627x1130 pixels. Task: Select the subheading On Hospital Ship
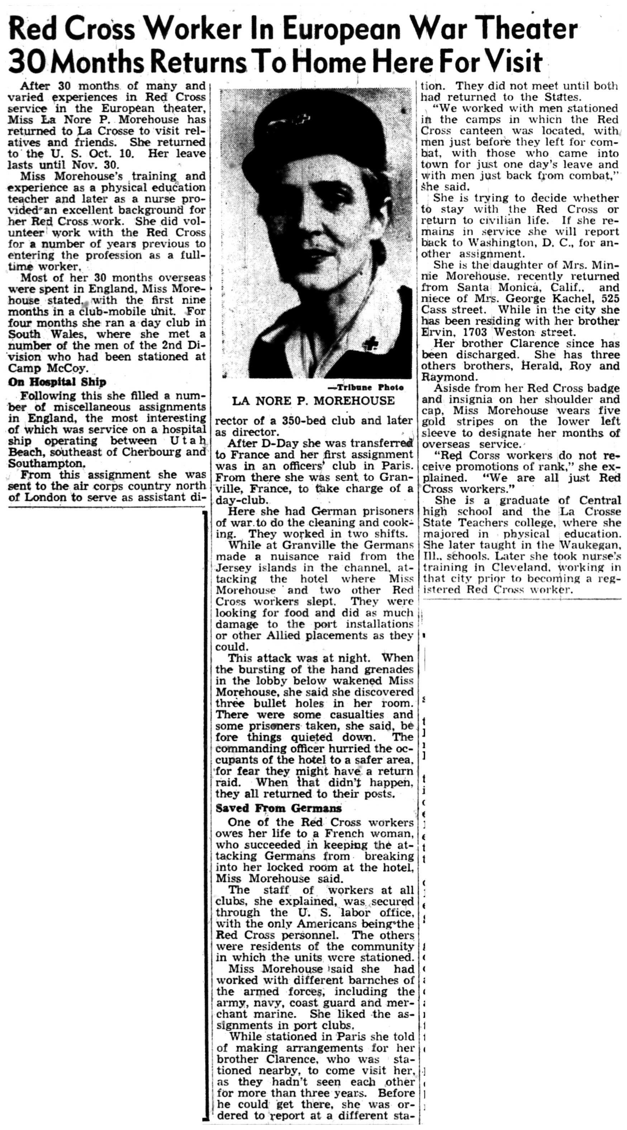point(57,382)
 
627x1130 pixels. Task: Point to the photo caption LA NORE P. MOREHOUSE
point(313,400)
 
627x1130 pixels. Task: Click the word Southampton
point(46,463)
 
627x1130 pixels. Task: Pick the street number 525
point(611,298)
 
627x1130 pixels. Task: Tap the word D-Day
point(268,443)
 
